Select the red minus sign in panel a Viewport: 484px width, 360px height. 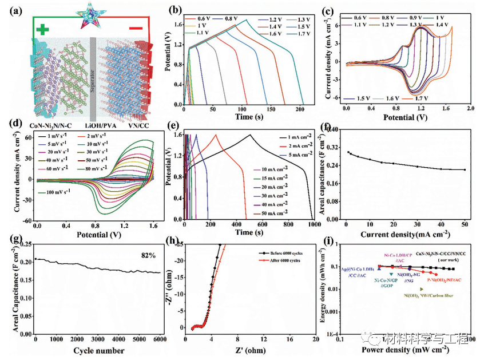click(136, 27)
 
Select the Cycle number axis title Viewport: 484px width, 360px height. click(99, 350)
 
